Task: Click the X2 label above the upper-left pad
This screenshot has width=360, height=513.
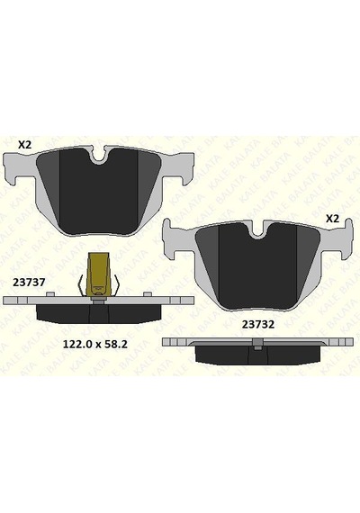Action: pyautogui.click(x=24, y=144)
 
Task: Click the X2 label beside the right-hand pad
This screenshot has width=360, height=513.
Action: pyautogui.click(x=332, y=219)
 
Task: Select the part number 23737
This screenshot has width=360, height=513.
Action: pyautogui.click(x=29, y=283)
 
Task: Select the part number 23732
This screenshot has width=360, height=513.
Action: pyautogui.click(x=258, y=324)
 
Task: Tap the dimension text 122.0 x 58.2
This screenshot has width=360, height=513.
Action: pyautogui.click(x=94, y=344)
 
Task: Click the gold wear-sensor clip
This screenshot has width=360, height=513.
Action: pyautogui.click(x=98, y=274)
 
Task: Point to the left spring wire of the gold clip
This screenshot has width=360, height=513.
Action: pyautogui.click(x=80, y=284)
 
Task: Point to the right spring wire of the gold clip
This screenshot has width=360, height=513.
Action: pyautogui.click(x=116, y=284)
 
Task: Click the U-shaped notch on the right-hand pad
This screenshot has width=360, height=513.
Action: pyautogui.click(x=258, y=230)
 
